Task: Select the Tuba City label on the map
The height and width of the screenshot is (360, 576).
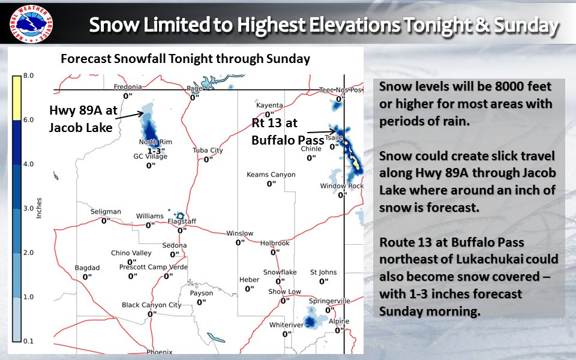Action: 208,150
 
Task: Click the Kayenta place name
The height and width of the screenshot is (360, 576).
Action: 269,105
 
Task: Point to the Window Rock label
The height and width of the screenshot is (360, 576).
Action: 341,186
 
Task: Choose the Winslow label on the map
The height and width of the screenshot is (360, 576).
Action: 239,233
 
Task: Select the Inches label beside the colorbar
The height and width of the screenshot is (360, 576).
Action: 38,207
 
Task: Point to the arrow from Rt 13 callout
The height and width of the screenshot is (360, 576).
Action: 319,131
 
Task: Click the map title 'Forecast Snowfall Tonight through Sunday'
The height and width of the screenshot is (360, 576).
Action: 185,59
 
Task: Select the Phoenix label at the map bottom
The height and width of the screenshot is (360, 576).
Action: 159,352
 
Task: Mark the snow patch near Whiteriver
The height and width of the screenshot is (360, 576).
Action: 311,318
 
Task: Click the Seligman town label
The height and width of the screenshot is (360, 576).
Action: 106,212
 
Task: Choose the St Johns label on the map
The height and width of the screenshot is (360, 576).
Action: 323,272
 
